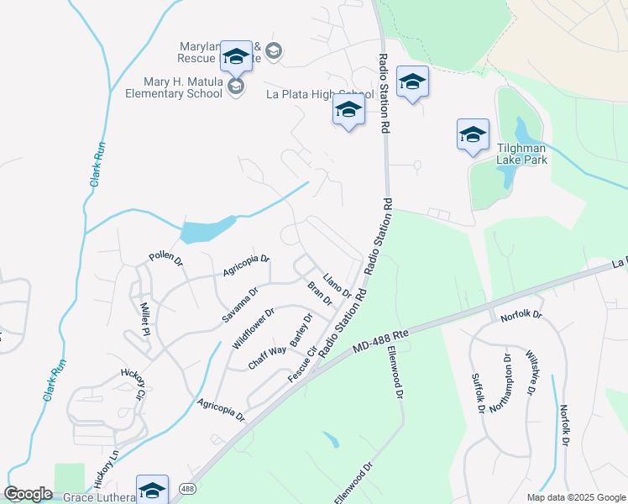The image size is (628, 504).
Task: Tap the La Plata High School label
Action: point(320,94)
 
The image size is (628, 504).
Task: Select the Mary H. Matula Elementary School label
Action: point(170,87)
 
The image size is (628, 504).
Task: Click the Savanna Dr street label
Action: point(240,302)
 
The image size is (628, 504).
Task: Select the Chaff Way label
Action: point(267,357)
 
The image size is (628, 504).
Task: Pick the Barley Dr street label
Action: point(301,330)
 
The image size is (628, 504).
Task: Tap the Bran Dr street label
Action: point(320,294)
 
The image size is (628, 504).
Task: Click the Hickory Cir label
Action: point(133,382)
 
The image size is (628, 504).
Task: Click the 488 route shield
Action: point(186,488)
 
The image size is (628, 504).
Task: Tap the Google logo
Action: point(29,494)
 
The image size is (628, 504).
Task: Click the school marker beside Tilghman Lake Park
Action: point(473,134)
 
